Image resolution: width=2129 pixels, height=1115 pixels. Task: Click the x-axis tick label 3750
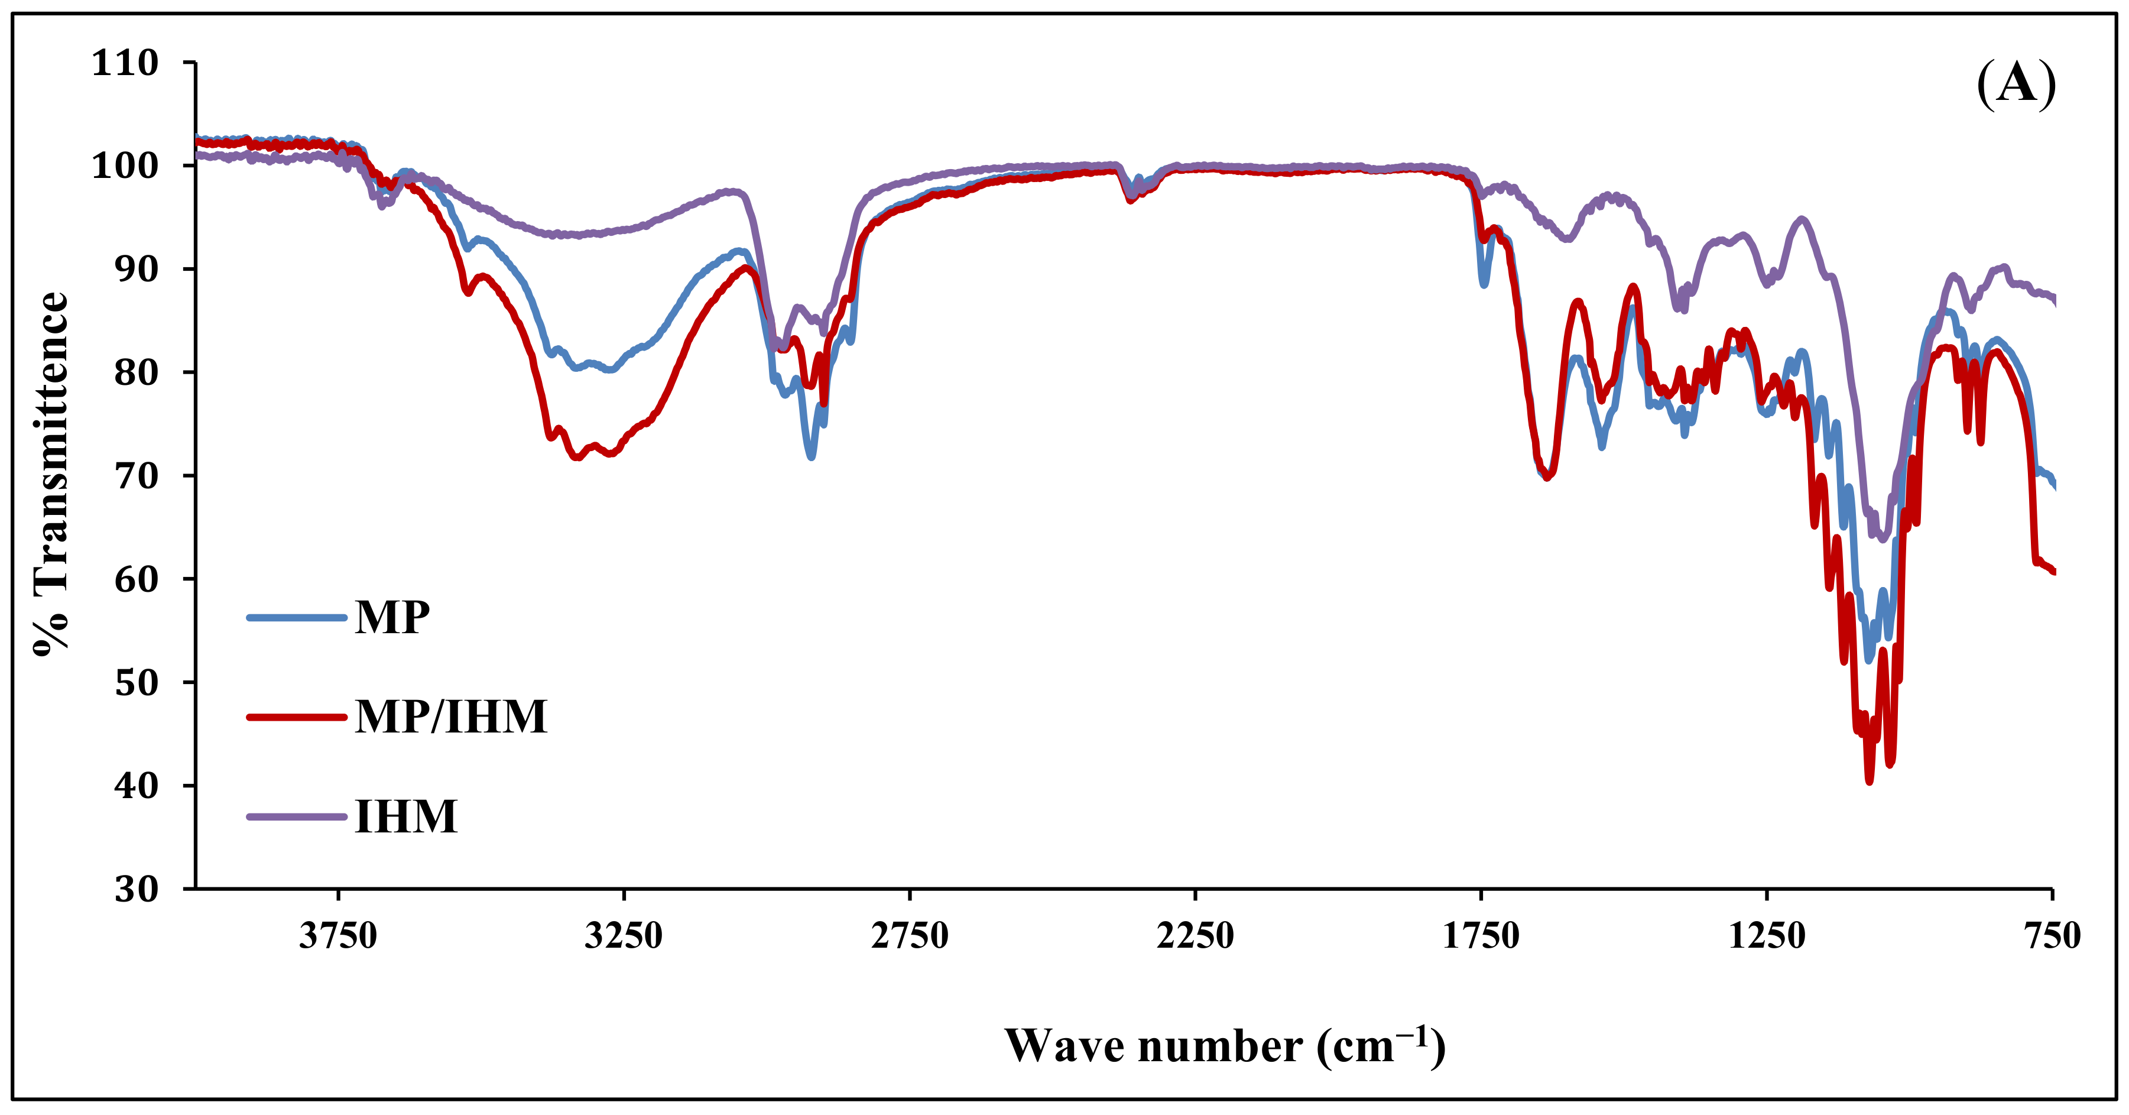pyautogui.click(x=338, y=936)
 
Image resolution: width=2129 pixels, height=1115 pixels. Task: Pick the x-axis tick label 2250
pyautogui.click(x=1195, y=936)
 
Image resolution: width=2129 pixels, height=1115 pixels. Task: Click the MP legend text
pyautogui.click(x=392, y=617)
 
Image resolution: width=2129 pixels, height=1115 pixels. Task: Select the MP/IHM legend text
pyautogui.click(x=451, y=717)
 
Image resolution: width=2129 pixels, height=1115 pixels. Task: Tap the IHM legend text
pyautogui.click(x=406, y=816)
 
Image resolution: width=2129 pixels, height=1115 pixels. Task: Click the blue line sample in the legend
pyautogui.click(x=296, y=617)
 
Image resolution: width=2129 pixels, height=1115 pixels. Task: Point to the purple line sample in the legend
pyautogui.click(x=296, y=816)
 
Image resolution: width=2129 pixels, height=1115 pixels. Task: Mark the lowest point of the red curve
pyautogui.click(x=1870, y=780)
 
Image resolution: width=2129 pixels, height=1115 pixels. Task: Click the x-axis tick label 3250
pyautogui.click(x=624, y=936)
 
